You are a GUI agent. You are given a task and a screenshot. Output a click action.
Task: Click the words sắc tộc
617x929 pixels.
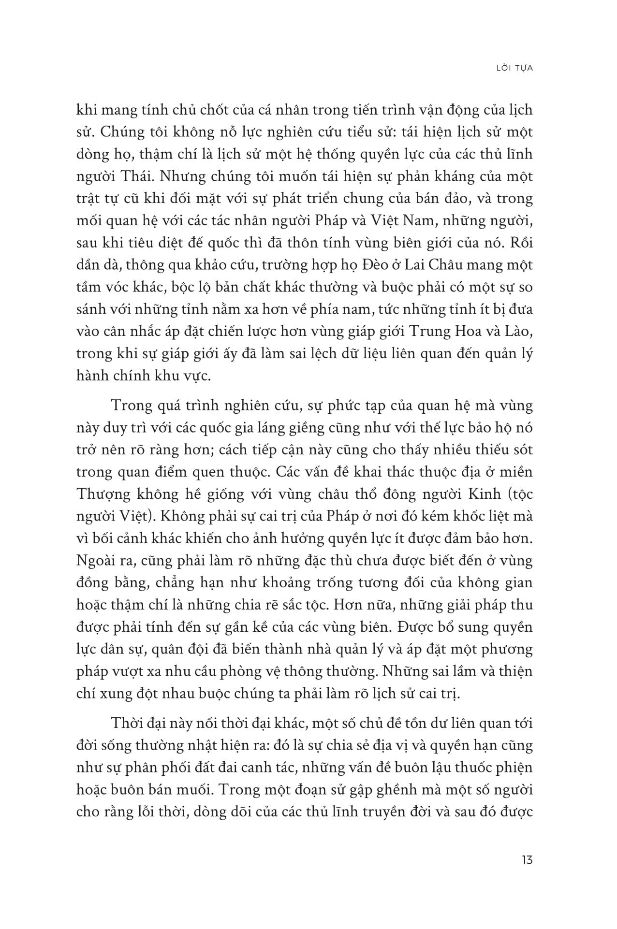(x=285, y=605)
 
